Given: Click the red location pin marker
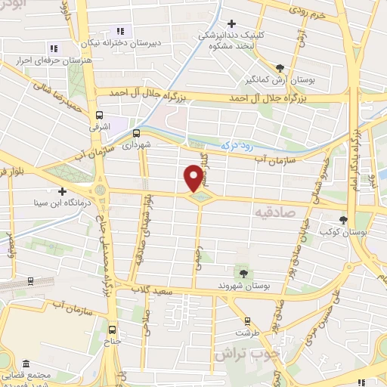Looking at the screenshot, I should [193, 178].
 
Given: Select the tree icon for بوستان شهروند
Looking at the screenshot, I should [243, 273].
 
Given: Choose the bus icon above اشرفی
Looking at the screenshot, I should [99, 116].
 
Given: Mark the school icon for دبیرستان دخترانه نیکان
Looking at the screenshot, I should [126, 30].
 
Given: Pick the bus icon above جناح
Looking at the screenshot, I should [113, 330].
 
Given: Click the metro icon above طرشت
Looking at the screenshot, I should [243, 320].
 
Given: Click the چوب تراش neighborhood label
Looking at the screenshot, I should [246, 352].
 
